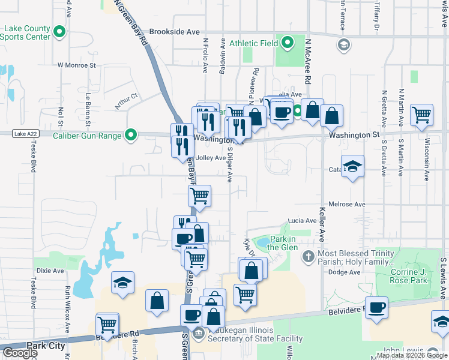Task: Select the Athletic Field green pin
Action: point(288,43)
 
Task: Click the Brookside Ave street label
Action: point(174,31)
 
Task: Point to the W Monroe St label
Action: point(76,65)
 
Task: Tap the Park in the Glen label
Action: point(282,243)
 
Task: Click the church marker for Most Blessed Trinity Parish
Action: point(308,257)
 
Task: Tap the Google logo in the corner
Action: point(19,352)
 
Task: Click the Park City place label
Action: point(46,346)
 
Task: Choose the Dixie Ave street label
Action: point(50,271)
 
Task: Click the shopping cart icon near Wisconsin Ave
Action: point(422,115)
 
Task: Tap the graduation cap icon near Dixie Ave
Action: point(122,283)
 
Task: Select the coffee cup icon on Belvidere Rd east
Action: point(377,308)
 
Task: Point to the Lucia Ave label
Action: point(301,221)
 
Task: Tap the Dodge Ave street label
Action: point(345,272)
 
